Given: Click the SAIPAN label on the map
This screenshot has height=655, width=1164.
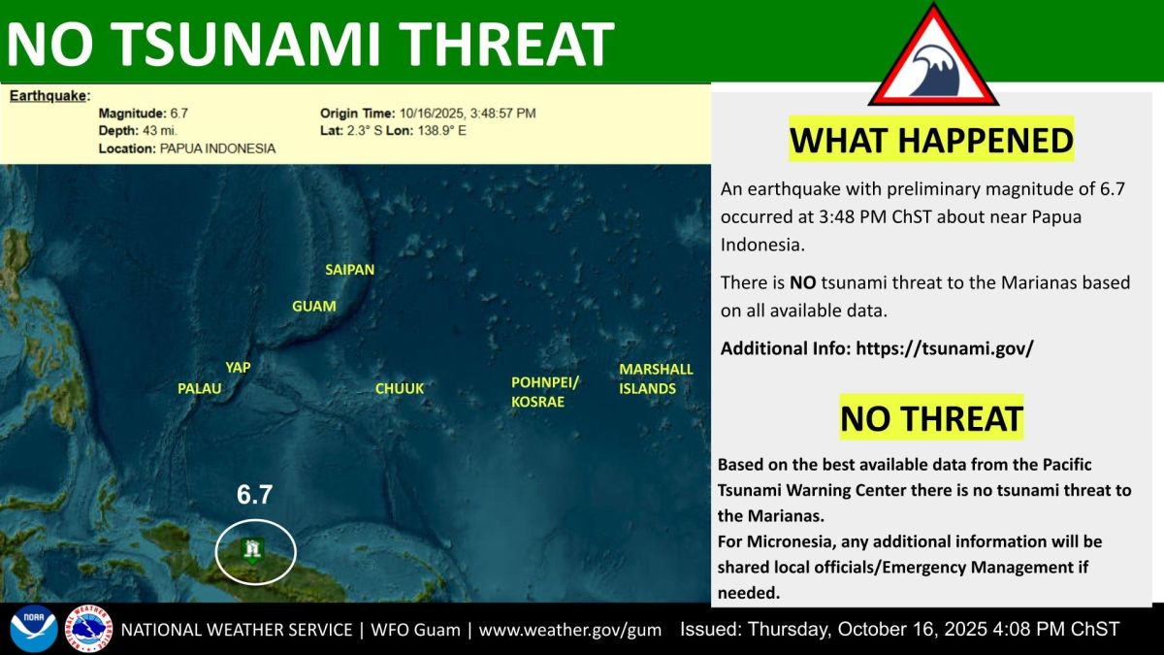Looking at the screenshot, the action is tap(350, 270).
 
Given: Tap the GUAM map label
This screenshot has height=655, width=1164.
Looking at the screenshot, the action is tap(314, 306).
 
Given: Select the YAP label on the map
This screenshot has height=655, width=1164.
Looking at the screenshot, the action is tap(238, 368).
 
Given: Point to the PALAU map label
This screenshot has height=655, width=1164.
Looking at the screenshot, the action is tap(200, 388).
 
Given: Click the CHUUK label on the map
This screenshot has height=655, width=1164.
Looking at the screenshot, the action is tap(400, 388).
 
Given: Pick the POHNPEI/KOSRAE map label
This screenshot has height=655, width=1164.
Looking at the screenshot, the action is tap(544, 392).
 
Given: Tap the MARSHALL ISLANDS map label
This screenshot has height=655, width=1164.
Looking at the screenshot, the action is tap(656, 378).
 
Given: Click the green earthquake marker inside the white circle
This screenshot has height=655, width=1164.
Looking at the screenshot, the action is tap(252, 551).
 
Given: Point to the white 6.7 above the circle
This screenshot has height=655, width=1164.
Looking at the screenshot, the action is tap(254, 494).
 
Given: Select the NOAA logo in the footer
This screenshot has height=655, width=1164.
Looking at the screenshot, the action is tap(34, 629).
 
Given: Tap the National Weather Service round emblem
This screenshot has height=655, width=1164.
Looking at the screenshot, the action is tap(89, 629).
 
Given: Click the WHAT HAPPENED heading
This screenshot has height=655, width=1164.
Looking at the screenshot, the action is tap(931, 140).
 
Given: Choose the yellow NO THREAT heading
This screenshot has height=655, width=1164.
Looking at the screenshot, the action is tap(932, 418).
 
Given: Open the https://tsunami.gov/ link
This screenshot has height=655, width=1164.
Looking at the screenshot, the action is tap(945, 347).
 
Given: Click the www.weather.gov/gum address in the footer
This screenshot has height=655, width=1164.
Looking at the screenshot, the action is tap(570, 630).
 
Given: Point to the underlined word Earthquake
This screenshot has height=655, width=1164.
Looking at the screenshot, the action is tap(48, 96).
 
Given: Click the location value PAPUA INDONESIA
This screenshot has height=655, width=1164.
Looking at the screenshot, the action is tap(217, 148).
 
